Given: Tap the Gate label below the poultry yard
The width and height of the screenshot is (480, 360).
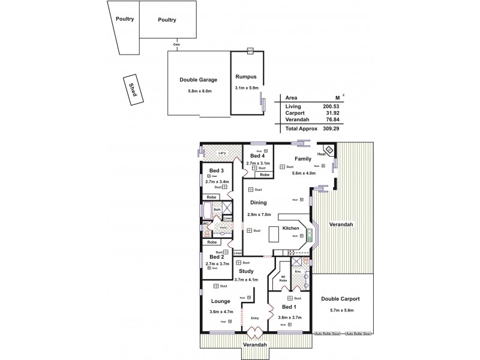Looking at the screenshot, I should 176,44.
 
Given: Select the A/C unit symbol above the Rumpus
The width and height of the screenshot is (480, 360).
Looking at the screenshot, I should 250,52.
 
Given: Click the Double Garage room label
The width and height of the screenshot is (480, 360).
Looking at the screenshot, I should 198,80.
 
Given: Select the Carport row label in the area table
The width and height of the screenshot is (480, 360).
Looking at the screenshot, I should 295,113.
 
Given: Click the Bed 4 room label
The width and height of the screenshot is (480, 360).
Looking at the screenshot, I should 257,156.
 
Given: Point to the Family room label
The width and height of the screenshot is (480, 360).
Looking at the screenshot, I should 303,158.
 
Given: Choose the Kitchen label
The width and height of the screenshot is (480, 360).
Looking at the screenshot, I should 291,229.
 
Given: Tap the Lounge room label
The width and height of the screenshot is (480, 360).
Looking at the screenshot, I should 221,301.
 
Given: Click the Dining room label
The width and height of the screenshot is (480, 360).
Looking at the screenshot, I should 259,203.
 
